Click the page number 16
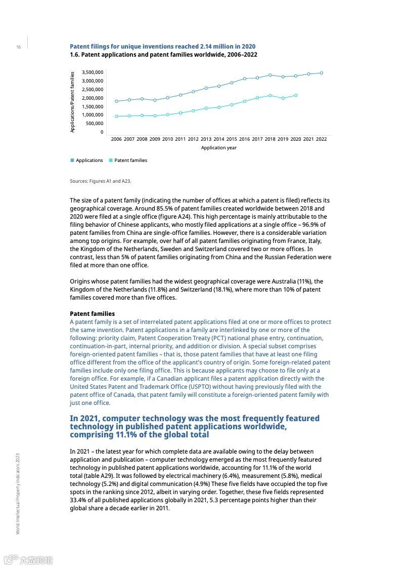click(18, 47)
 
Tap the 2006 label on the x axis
click(116, 139)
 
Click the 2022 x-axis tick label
click(321, 139)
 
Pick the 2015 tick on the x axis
click(232, 139)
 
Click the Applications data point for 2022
click(321, 73)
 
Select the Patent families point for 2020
click(296, 95)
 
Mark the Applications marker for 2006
click(116, 101)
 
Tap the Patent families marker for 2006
click(116, 116)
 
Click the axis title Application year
click(218, 148)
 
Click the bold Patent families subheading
click(92, 314)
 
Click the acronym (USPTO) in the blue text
click(199, 387)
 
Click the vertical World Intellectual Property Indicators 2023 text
click(18, 493)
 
